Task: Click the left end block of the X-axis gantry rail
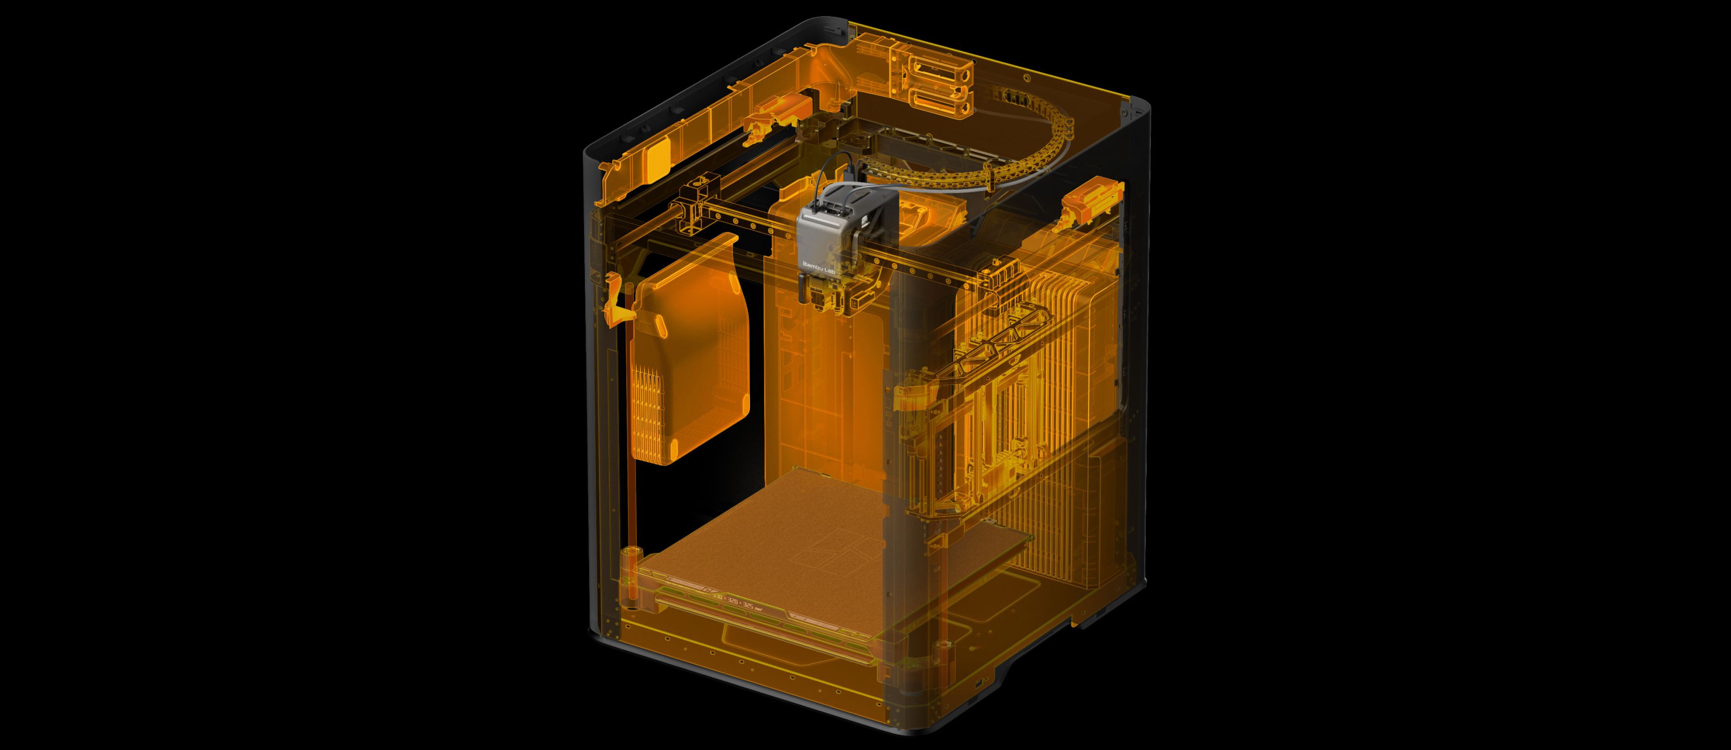(686, 209)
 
